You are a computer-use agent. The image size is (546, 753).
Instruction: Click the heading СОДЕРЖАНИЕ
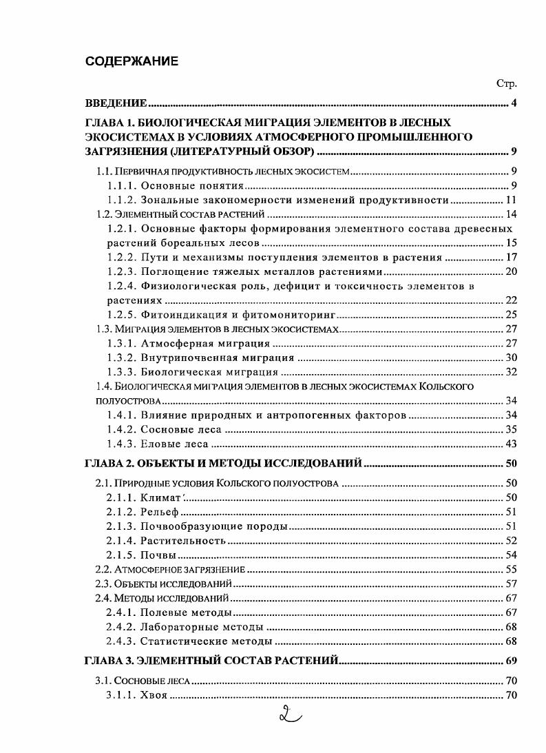(132, 61)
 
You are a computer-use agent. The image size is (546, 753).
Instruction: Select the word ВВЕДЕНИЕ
(116, 103)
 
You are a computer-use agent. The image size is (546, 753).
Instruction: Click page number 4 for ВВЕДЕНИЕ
(514, 103)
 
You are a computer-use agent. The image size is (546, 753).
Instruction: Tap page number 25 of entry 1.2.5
(511, 315)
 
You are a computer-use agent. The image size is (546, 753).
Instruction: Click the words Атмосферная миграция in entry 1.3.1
(205, 343)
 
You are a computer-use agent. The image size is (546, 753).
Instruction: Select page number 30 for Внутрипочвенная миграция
(511, 358)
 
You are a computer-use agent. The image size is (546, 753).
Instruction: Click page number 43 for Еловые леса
(511, 444)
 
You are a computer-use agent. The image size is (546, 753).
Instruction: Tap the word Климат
(160, 497)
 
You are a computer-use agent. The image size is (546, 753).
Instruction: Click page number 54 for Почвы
(511, 555)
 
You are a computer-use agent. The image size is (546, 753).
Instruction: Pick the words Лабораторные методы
(201, 626)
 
